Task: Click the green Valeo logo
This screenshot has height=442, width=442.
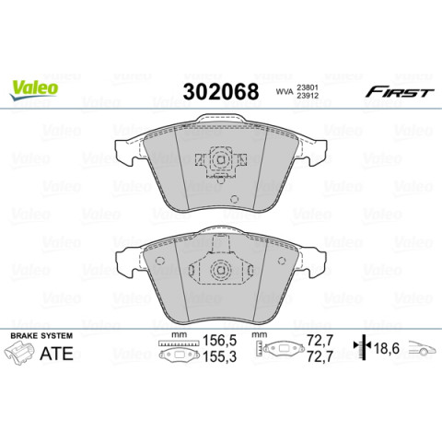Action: point(34,88)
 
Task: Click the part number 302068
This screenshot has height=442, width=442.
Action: point(221,91)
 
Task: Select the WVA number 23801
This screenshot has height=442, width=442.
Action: point(308,88)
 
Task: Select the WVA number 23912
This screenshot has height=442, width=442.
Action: point(308,96)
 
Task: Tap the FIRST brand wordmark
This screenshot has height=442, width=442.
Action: point(400,92)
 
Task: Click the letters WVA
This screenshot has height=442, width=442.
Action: point(284,92)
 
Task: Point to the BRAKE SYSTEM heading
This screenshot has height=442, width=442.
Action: point(41,336)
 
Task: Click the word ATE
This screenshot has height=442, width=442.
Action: point(57,354)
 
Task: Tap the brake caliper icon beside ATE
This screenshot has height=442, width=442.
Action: point(19,354)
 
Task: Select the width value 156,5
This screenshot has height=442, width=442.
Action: point(219,341)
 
